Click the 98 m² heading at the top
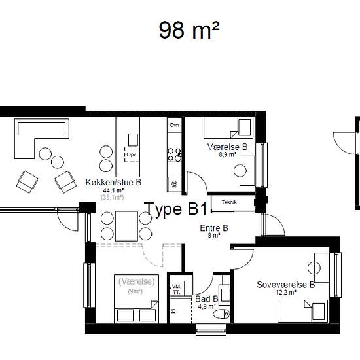tap(189, 30)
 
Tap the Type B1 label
tap(176, 209)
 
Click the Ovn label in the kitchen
tap(174, 125)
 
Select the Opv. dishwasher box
tap(132, 154)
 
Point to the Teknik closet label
tap(229, 202)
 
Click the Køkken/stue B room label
tap(113, 183)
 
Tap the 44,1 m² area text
tap(114, 190)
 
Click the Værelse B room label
tap(228, 147)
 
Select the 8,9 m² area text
tap(228, 154)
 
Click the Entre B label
tap(214, 228)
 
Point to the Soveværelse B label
tap(285, 285)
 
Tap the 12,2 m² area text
tap(286, 293)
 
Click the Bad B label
tap(206, 299)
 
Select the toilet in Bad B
tap(221, 314)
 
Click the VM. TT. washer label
tap(177, 289)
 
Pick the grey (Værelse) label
tap(137, 281)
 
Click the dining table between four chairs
tap(126, 226)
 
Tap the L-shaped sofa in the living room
tap(42, 139)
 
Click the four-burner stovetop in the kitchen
tap(175, 154)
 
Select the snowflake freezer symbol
tap(174, 184)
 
